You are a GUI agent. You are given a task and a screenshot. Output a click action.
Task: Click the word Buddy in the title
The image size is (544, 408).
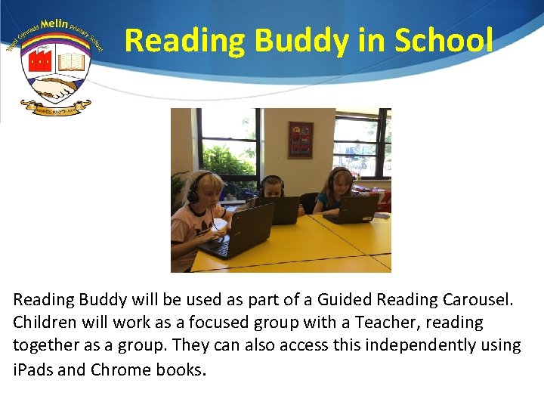click(298, 41)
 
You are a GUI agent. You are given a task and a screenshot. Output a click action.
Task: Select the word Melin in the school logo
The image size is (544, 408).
click(54, 24)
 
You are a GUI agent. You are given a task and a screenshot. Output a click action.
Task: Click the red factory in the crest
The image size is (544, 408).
click(39, 60)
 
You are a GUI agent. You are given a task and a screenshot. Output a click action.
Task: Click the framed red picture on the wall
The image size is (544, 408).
click(300, 139)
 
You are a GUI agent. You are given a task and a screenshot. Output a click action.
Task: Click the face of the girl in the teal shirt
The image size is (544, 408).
click(338, 183)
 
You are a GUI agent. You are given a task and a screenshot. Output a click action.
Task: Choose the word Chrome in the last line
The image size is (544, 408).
click(120, 370)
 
